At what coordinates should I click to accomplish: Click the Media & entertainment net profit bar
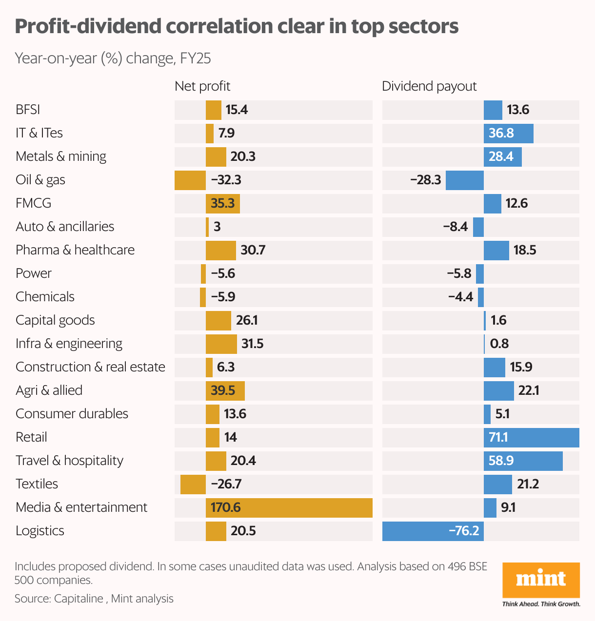tap(289, 507)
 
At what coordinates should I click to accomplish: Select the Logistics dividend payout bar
tap(433, 531)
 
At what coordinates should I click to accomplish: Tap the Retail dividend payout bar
tap(531, 437)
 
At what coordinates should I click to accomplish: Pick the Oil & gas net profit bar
tap(190, 180)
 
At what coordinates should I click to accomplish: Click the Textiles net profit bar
tap(193, 484)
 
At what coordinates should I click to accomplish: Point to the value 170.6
tap(225, 507)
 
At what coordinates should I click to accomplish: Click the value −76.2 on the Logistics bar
tap(463, 531)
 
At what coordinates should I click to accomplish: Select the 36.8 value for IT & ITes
tap(501, 133)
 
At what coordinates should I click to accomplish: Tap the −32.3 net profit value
tap(226, 180)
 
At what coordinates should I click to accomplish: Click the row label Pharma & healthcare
tap(75, 250)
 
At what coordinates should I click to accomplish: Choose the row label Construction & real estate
tap(90, 367)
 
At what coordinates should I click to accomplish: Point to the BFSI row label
tap(28, 110)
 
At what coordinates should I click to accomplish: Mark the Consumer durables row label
tap(72, 414)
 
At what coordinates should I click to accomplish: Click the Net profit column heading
tap(202, 86)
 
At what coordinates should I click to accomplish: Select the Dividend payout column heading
tap(429, 86)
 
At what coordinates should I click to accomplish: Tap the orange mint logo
tap(541, 580)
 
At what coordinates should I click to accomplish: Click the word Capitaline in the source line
tap(79, 599)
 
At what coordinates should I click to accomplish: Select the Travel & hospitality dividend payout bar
tap(523, 461)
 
